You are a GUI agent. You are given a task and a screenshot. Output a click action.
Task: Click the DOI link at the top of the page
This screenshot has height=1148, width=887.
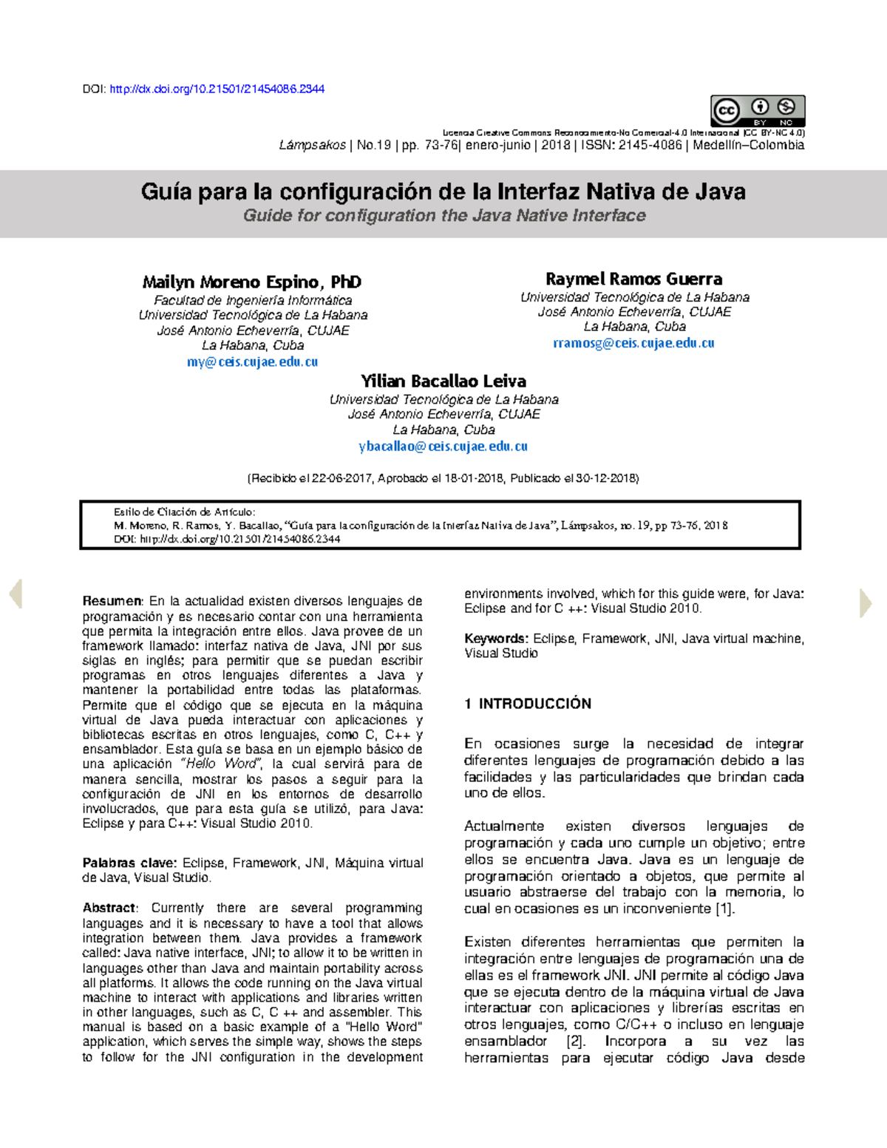coord(217,89)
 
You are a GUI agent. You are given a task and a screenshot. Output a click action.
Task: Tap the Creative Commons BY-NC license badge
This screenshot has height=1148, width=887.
coord(757,111)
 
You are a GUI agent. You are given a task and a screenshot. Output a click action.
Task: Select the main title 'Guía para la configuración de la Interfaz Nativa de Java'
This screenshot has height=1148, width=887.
coord(443,192)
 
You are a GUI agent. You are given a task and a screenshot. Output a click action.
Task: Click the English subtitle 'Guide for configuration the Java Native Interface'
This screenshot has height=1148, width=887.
coord(444,216)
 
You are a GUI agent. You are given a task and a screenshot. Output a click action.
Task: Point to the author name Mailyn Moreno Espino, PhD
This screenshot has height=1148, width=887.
coord(251,282)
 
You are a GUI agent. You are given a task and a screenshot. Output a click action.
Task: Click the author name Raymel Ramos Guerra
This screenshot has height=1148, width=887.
coord(633,279)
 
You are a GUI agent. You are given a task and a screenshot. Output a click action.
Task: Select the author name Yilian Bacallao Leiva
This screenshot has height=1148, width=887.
coord(443,381)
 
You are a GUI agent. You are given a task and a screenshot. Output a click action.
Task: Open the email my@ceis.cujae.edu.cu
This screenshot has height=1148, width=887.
coord(252,362)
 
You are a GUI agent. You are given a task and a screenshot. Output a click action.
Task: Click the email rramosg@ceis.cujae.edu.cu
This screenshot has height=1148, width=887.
coord(633,343)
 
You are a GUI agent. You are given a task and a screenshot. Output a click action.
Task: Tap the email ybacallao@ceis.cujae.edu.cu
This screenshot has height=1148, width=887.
coord(443,446)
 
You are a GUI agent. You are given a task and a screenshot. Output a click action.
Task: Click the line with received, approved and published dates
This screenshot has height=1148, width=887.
coord(442,478)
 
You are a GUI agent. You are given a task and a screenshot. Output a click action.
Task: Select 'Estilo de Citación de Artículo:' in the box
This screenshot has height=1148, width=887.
coord(184,512)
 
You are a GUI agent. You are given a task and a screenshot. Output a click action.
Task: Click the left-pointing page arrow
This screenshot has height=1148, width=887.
coord(16,594)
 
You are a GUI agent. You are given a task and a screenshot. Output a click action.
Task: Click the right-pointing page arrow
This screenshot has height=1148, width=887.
coord(866,602)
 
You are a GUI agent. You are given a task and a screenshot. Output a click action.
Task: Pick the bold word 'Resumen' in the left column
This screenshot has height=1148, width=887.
coord(112,601)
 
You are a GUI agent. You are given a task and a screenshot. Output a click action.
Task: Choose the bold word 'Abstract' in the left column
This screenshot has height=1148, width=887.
coord(109,908)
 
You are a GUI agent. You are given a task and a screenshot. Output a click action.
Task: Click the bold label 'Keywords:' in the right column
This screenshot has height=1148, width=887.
coord(496,639)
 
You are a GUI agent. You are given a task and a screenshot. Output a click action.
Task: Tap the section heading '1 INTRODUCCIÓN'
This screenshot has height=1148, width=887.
coord(528,704)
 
